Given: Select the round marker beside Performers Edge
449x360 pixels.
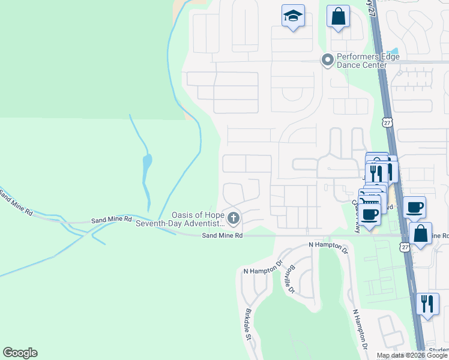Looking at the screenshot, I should [x=327, y=59].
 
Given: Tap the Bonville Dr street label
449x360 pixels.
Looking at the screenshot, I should [x=292, y=279].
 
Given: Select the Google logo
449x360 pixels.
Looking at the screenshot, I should [x=20, y=353].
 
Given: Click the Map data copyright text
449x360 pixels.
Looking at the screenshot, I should [x=412, y=355].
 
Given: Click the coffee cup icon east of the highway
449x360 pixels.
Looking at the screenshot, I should [x=414, y=208].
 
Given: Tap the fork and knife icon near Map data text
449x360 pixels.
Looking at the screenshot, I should [x=427, y=304].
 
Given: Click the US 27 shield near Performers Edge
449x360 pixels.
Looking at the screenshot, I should [x=387, y=122].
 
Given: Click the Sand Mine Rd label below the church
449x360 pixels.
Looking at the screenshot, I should [x=222, y=236].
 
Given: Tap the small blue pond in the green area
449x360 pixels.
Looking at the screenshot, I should [x=147, y=161].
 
